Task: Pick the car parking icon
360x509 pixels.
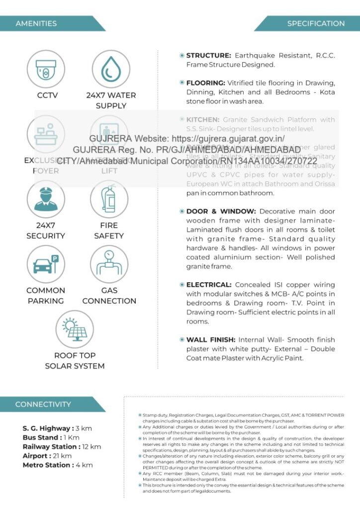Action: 46,264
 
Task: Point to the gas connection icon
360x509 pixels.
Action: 109,264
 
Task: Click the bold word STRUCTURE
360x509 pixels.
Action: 208,55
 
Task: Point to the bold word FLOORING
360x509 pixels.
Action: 206,83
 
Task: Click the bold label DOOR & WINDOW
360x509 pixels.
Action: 221,211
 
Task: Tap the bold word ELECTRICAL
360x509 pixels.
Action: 209,285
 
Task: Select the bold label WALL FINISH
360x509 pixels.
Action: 211,339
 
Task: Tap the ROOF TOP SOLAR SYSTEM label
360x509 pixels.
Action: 75,361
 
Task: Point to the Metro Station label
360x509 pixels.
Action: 48,465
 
